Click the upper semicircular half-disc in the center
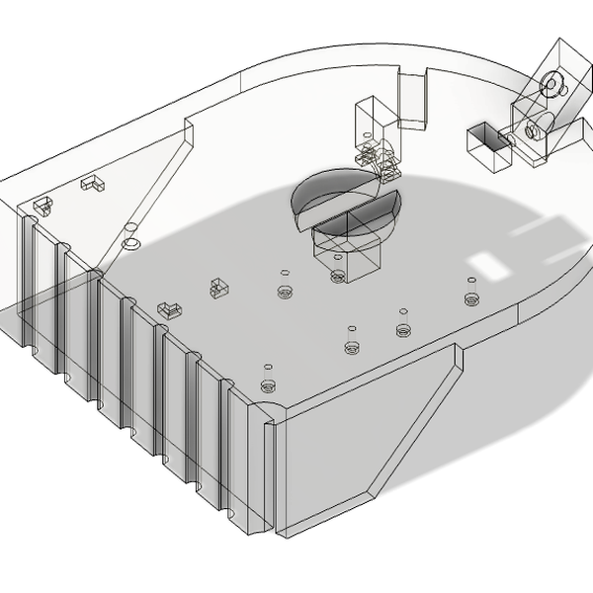coord(331,190)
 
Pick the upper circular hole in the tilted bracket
coord(551,83)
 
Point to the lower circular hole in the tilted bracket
coord(533,127)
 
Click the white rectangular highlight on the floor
coord(485,263)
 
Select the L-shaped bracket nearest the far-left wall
coord(95,182)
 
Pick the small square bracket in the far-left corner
coord(42,206)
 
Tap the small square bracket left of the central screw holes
coord(218,288)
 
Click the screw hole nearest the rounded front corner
coord(267,385)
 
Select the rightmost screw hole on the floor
coord(471,297)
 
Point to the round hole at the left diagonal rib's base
coord(130,242)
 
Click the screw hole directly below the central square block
coord(339,276)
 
